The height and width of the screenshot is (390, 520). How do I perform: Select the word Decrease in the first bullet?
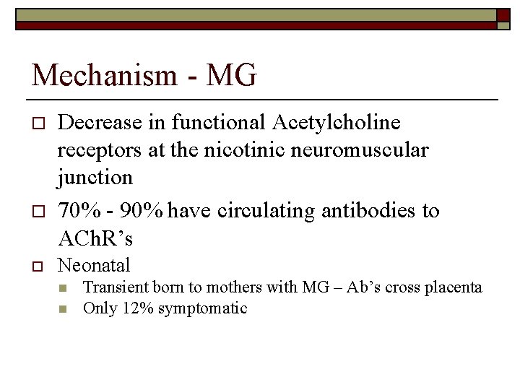[100, 123]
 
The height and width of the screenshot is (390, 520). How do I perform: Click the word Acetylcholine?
[336, 123]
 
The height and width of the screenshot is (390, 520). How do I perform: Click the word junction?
[95, 178]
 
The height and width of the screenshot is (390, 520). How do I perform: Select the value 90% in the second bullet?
[142, 211]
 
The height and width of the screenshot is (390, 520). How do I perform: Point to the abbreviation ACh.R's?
[95, 238]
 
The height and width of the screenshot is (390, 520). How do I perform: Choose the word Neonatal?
[94, 266]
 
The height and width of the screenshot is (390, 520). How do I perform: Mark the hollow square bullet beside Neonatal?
[38, 266]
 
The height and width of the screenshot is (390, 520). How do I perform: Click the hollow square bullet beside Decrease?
[38, 123]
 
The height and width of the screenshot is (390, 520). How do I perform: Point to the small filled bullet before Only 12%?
[64, 309]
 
